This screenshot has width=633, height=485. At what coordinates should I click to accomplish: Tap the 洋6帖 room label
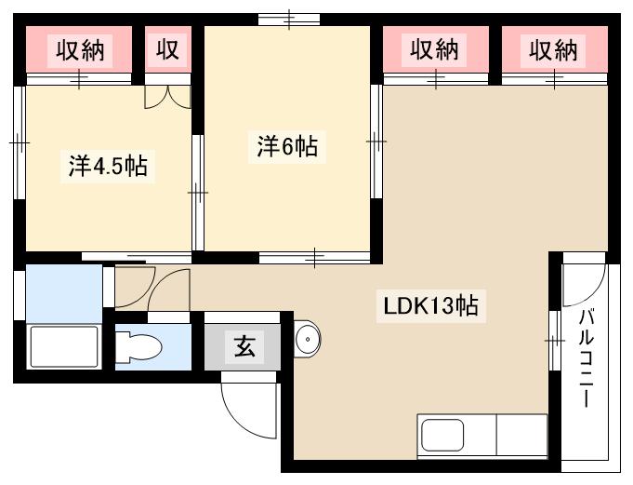click(287, 146)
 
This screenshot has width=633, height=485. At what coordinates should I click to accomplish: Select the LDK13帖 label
click(428, 304)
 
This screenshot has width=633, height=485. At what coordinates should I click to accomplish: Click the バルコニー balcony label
click(587, 358)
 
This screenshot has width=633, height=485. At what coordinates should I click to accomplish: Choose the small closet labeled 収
click(166, 49)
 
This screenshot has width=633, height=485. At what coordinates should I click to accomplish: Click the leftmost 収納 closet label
click(82, 49)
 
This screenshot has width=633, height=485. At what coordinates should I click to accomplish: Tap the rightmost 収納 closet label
click(554, 49)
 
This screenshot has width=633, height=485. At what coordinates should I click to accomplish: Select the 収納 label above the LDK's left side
click(435, 49)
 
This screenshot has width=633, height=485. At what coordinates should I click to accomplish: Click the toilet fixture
click(140, 347)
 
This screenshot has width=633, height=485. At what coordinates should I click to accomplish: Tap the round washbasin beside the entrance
click(308, 340)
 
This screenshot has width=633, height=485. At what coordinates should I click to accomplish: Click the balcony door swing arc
click(584, 284)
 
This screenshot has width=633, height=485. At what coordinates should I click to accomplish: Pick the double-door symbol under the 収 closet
click(168, 97)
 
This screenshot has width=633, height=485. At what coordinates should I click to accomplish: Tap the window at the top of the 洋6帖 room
click(289, 19)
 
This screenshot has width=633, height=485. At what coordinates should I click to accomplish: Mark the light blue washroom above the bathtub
click(61, 292)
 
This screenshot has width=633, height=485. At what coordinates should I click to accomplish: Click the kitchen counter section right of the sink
click(522, 436)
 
